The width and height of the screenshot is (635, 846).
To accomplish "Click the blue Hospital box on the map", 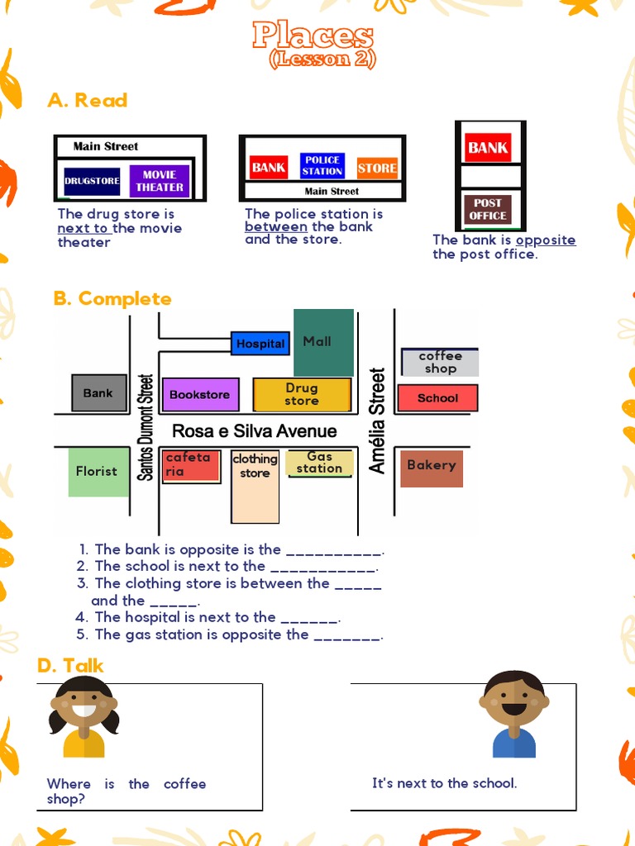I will [x=260, y=344].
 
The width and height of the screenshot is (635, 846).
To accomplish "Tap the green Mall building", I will [x=323, y=342].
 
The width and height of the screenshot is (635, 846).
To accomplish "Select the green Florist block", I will [x=98, y=472].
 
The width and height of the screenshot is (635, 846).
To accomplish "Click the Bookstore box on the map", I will [x=200, y=395].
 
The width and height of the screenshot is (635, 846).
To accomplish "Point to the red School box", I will [x=437, y=398].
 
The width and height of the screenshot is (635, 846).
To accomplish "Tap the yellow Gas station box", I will [x=320, y=463].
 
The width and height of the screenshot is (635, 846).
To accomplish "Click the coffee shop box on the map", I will [x=440, y=363].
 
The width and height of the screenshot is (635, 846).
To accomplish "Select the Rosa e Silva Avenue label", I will [x=255, y=431].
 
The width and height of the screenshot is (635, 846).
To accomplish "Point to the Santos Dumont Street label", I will [x=146, y=427].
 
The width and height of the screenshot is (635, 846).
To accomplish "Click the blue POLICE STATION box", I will [x=322, y=166].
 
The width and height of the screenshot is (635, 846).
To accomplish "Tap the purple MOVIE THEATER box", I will [x=160, y=181].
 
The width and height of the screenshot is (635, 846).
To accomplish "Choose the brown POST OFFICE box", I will [x=488, y=209].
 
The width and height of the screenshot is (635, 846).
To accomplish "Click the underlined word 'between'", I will [x=276, y=227].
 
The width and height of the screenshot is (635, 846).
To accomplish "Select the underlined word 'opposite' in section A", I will [x=546, y=240].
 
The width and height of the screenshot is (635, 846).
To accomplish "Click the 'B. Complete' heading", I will [x=112, y=299].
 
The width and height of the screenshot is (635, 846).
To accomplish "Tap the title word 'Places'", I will [x=313, y=36].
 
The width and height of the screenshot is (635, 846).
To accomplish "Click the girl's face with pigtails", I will [x=84, y=703].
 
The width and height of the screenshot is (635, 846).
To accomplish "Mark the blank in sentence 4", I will [x=310, y=618].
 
